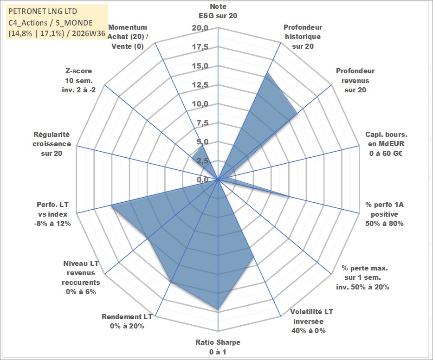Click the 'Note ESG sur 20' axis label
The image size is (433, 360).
coord(218,11)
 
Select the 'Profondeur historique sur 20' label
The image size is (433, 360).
coord(303,37)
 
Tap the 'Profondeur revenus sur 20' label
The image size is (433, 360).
coord(355,80)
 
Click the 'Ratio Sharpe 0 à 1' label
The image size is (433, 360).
coord(218,347)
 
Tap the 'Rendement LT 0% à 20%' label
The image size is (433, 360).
coord(127,321)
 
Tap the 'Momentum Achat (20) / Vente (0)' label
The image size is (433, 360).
coord(128,37)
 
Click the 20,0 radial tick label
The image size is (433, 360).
coord(200,28)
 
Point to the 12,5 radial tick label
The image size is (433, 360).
coord(200,85)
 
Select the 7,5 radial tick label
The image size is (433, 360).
coord(202,123)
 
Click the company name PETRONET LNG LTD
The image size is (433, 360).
coord(43,11)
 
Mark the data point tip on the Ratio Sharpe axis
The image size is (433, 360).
coord(218,309)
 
